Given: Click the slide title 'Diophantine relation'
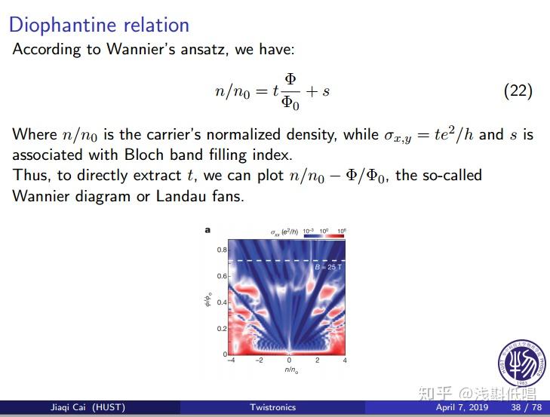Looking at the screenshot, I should pyautogui.click(x=99, y=24).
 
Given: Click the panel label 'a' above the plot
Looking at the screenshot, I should pyautogui.click(x=207, y=231).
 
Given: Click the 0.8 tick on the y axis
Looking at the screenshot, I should pyautogui.click(x=223, y=250).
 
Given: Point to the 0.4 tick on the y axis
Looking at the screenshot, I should pyautogui.click(x=223, y=302).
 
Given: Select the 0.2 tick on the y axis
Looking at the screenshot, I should pyautogui.click(x=223, y=329).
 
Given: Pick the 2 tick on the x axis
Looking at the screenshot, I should pyautogui.click(x=317, y=360).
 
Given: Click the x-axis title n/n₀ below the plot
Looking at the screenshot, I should pyautogui.click(x=290, y=369).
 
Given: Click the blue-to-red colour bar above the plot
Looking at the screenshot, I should pyautogui.click(x=324, y=235).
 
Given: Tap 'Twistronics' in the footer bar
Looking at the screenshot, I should pyautogui.click(x=273, y=408).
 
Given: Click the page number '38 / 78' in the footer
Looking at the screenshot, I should pyautogui.click(x=526, y=408).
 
